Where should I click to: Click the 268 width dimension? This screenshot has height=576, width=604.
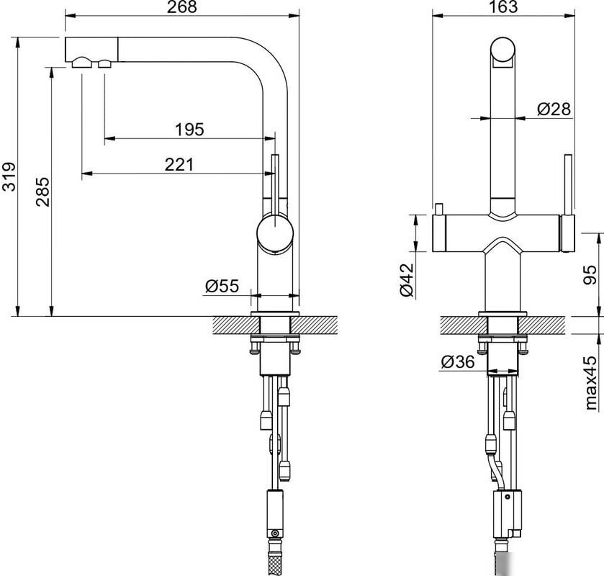tap(182, 7)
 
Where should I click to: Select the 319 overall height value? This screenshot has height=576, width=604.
tap(9, 177)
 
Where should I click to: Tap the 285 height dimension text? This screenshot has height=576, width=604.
tap(42, 192)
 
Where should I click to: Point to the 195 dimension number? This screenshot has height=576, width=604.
tap(189, 130)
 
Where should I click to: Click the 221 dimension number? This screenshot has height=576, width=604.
tap(179, 164)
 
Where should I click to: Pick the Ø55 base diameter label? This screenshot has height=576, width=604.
tap(222, 286)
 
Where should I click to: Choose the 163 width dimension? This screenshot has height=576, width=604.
tap(503, 7)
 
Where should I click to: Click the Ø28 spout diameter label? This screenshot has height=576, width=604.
tap(554, 109)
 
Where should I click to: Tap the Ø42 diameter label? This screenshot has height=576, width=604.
tap(407, 280)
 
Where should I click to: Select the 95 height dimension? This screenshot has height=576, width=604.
tap(590, 275)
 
